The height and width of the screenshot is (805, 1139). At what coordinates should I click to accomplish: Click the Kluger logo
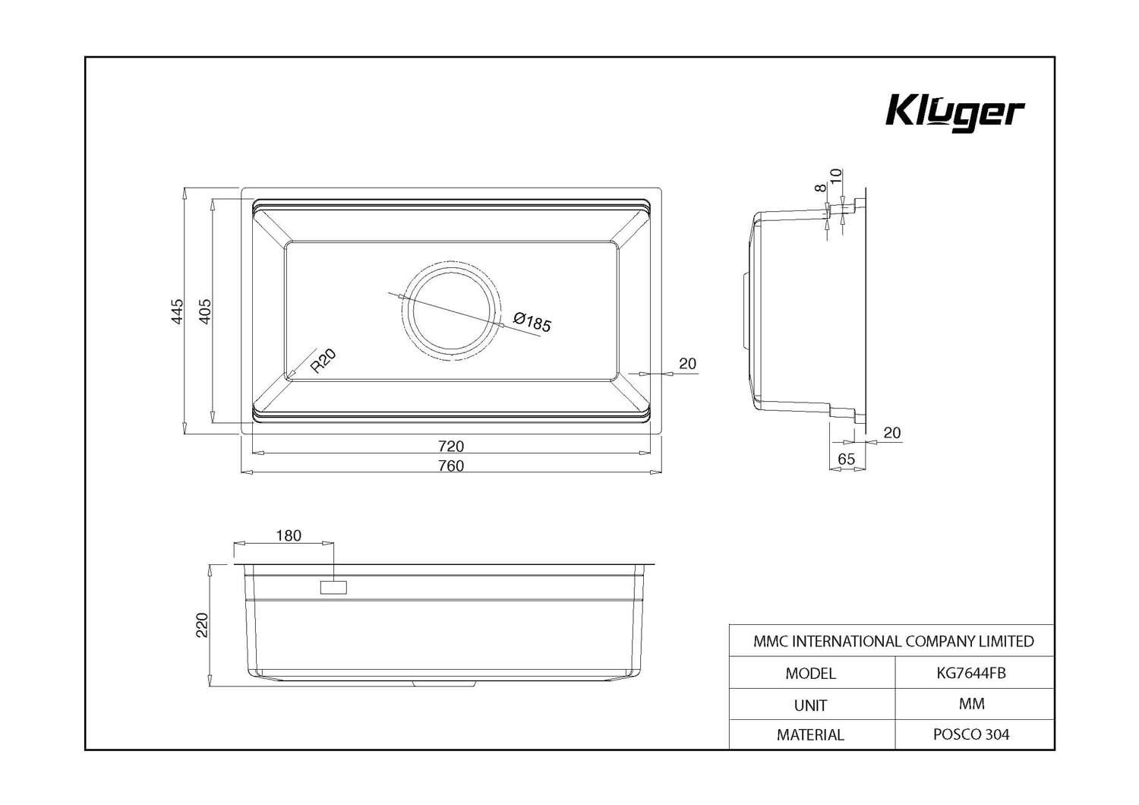(x=955, y=113)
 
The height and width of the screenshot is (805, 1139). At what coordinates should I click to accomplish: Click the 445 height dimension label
(x=176, y=311)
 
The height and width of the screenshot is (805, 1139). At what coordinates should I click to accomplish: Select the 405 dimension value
(x=204, y=311)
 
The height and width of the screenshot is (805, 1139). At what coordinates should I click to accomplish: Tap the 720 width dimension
(x=451, y=446)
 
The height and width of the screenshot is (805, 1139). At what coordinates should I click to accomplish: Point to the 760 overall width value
(x=451, y=466)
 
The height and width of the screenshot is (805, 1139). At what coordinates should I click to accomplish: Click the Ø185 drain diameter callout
(x=532, y=323)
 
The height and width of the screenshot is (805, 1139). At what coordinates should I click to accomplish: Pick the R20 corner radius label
(x=323, y=361)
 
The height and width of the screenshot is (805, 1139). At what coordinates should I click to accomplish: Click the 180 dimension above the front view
(x=289, y=535)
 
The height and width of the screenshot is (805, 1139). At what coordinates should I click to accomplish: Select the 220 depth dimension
(x=202, y=625)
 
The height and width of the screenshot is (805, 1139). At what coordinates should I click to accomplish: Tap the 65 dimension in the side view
(x=846, y=459)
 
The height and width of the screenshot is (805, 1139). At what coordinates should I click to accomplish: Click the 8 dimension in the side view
(x=820, y=188)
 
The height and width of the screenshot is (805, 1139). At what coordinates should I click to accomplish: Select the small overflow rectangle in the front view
(x=333, y=587)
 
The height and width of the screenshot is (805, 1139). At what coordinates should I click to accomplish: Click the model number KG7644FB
(x=971, y=673)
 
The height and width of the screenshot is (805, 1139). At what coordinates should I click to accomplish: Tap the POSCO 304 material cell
(x=971, y=734)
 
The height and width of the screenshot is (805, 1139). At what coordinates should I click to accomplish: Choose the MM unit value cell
(x=972, y=704)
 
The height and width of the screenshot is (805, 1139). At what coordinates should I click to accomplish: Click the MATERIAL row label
(x=810, y=735)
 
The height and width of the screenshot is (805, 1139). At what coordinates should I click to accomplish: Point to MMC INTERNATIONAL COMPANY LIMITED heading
(x=894, y=641)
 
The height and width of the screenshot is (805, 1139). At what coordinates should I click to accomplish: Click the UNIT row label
(x=810, y=706)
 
